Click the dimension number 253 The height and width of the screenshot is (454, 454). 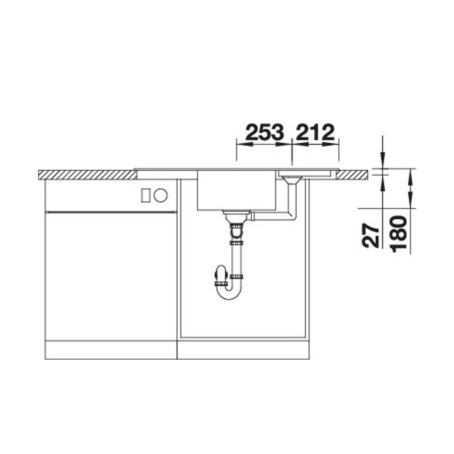[x=264, y=132]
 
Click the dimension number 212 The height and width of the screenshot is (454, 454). [x=315, y=132]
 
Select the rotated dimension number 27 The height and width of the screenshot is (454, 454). [x=370, y=235]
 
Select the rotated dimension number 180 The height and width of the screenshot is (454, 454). [x=398, y=234]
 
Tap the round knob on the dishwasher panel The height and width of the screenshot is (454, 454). [x=161, y=195]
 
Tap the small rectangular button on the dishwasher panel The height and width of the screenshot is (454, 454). [x=146, y=195]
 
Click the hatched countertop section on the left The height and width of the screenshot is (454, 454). [x=88, y=175]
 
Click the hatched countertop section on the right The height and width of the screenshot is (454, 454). [x=353, y=175]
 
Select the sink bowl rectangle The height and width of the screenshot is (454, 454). [x=237, y=190]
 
